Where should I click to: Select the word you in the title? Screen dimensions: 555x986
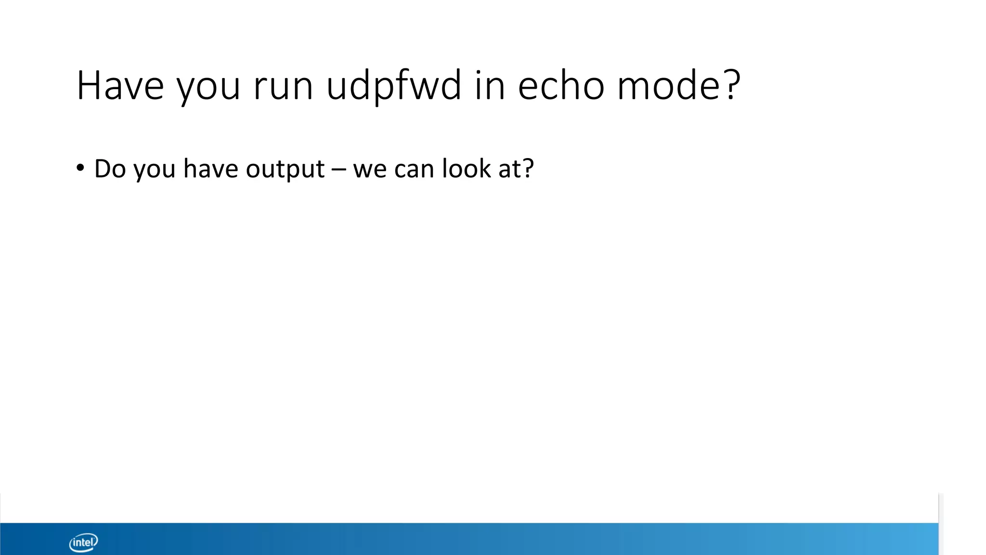208,89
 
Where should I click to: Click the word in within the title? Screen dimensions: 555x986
490,86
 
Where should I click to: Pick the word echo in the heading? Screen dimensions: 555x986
561,86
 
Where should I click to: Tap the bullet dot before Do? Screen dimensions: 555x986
80,168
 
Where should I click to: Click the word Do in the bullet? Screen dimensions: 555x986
109,169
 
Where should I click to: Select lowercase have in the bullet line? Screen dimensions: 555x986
210,169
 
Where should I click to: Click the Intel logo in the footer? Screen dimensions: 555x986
84,542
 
